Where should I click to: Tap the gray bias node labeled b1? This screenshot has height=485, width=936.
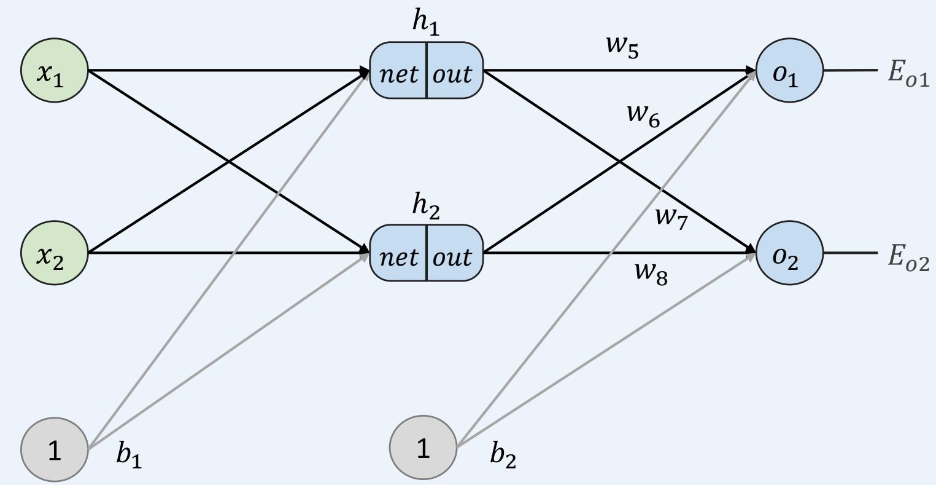pos(55,450)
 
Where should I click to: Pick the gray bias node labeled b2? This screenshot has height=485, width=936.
pos(424,450)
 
